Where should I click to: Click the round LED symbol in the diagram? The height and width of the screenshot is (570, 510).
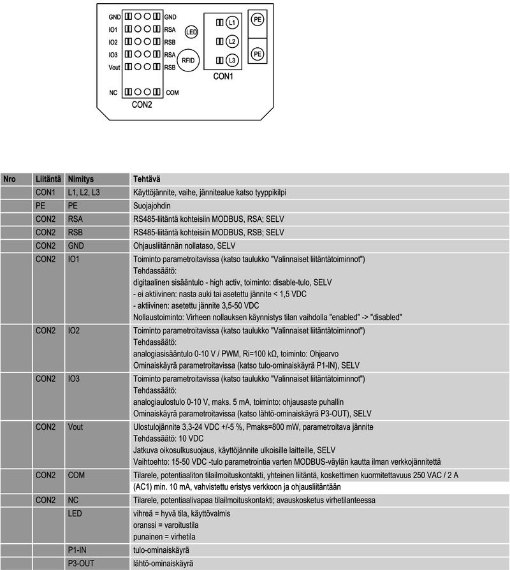tap(191, 31)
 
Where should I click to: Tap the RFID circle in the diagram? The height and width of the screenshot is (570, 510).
tap(188, 60)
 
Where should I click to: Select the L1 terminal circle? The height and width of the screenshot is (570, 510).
tap(231, 23)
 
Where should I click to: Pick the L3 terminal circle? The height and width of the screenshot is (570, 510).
tap(231, 60)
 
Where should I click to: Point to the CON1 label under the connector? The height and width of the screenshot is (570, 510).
tap(223, 77)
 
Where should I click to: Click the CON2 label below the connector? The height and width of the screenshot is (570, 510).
tap(142, 104)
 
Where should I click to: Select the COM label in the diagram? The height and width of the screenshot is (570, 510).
tap(172, 93)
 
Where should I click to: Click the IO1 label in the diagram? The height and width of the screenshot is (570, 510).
tap(113, 29)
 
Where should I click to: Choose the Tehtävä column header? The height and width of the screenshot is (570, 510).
tap(145, 179)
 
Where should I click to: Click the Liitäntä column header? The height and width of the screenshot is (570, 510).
tap(48, 179)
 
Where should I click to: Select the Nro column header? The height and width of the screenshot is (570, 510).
tap(10, 179)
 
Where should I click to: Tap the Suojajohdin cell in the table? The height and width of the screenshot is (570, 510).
tap(152, 206)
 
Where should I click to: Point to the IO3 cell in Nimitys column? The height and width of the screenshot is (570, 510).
tap(75, 379)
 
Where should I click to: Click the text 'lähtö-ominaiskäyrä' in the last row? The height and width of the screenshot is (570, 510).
tap(162, 564)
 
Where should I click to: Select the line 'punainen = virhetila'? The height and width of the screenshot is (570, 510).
tap(163, 537)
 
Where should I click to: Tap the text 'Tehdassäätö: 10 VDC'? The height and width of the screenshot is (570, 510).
tap(168, 439)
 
